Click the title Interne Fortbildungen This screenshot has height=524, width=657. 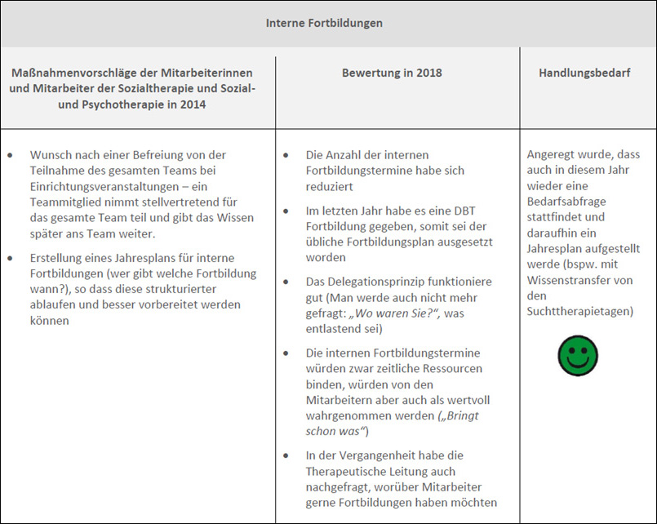click(x=324, y=23)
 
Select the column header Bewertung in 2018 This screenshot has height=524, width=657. click(x=392, y=73)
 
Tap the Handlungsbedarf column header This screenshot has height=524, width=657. click(x=583, y=73)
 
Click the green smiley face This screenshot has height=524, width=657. click(x=578, y=357)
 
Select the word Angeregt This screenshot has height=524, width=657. click(x=555, y=154)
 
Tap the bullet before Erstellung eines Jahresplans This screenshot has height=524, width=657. click(x=10, y=257)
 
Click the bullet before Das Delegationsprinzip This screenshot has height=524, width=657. click(x=286, y=282)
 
